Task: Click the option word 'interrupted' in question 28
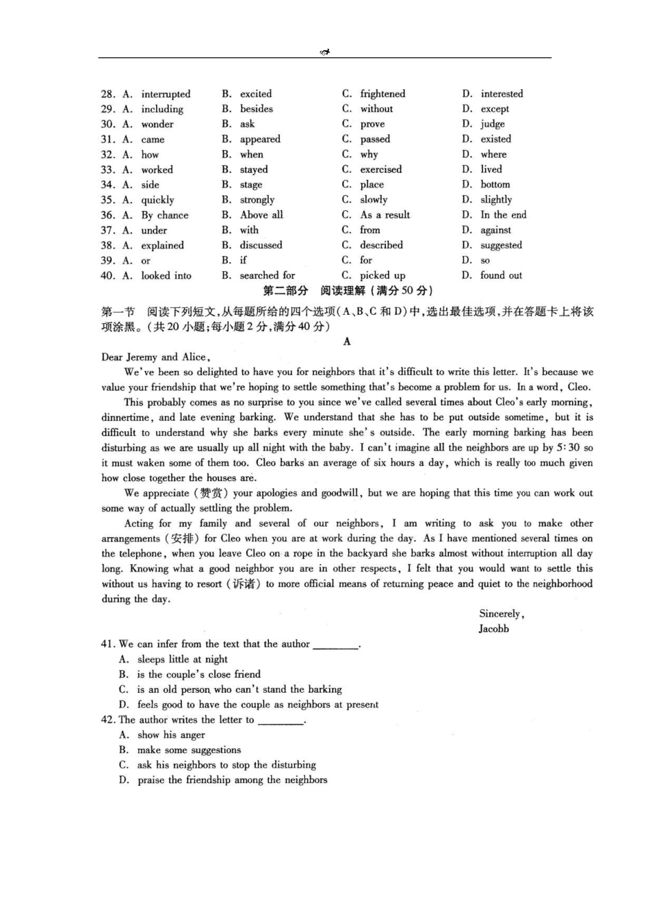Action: (x=166, y=94)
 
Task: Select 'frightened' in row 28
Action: (x=382, y=94)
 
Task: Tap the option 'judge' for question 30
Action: (x=493, y=124)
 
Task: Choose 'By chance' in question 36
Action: (x=164, y=215)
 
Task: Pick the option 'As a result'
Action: (x=385, y=215)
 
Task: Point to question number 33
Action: (x=107, y=170)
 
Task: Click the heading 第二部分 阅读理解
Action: (x=348, y=291)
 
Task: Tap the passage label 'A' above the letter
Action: (x=347, y=342)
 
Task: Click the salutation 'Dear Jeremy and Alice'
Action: (x=155, y=357)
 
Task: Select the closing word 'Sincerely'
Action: (x=502, y=614)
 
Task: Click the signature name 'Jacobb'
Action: (x=493, y=629)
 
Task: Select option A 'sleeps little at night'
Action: (x=182, y=659)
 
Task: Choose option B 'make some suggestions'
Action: (x=189, y=750)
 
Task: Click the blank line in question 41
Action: (x=335, y=645)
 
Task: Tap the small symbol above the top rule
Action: (x=325, y=52)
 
